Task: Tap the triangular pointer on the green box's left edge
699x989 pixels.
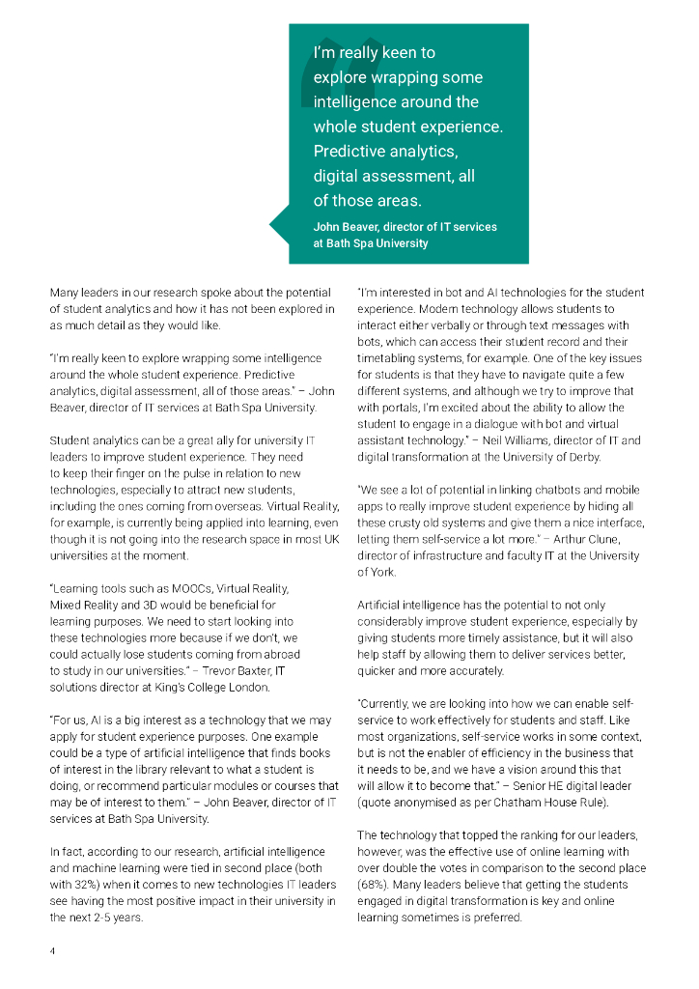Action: pyautogui.click(x=279, y=226)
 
